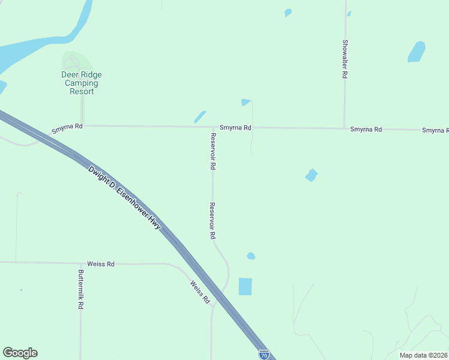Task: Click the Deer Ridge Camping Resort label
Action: [82, 83]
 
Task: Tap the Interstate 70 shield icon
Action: [264, 354]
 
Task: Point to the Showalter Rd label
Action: [345, 59]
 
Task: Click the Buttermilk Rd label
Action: [80, 289]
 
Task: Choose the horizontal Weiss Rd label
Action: [100, 264]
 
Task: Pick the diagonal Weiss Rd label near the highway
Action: [200, 292]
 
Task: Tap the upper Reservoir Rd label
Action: [212, 151]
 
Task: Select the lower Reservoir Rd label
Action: [212, 221]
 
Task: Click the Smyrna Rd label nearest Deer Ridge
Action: [67, 127]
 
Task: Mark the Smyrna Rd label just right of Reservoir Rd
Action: [235, 128]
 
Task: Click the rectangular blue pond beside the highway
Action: [246, 286]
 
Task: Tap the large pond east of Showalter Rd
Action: [417, 52]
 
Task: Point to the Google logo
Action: [20, 353]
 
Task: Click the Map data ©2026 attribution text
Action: [423, 355]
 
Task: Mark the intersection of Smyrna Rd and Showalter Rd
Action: [345, 128]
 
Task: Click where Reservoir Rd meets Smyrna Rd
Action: [213, 127]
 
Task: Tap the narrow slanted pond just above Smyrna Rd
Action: [200, 116]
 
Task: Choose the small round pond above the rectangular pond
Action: [251, 256]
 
